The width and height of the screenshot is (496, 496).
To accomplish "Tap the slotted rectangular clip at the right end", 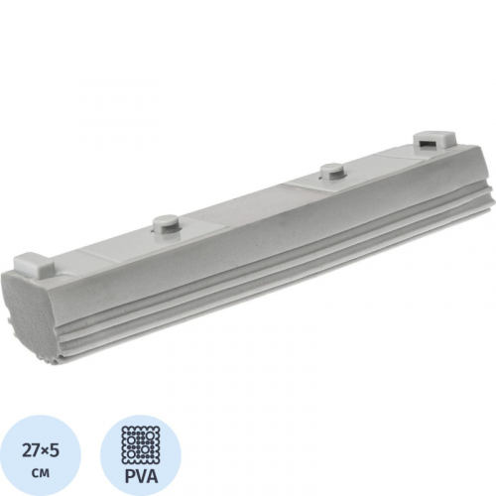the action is pyautogui.click(x=434, y=141).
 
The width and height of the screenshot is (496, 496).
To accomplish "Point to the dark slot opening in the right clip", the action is pyautogui.click(x=427, y=144).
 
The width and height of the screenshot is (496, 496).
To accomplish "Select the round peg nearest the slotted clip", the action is pyautogui.click(x=330, y=172).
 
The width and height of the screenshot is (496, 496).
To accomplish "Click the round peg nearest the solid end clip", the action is pyautogui.click(x=165, y=224).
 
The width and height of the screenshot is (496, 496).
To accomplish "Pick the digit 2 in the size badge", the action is pyautogui.click(x=28, y=451).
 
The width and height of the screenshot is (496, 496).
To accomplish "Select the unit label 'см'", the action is pyautogui.click(x=41, y=473).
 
